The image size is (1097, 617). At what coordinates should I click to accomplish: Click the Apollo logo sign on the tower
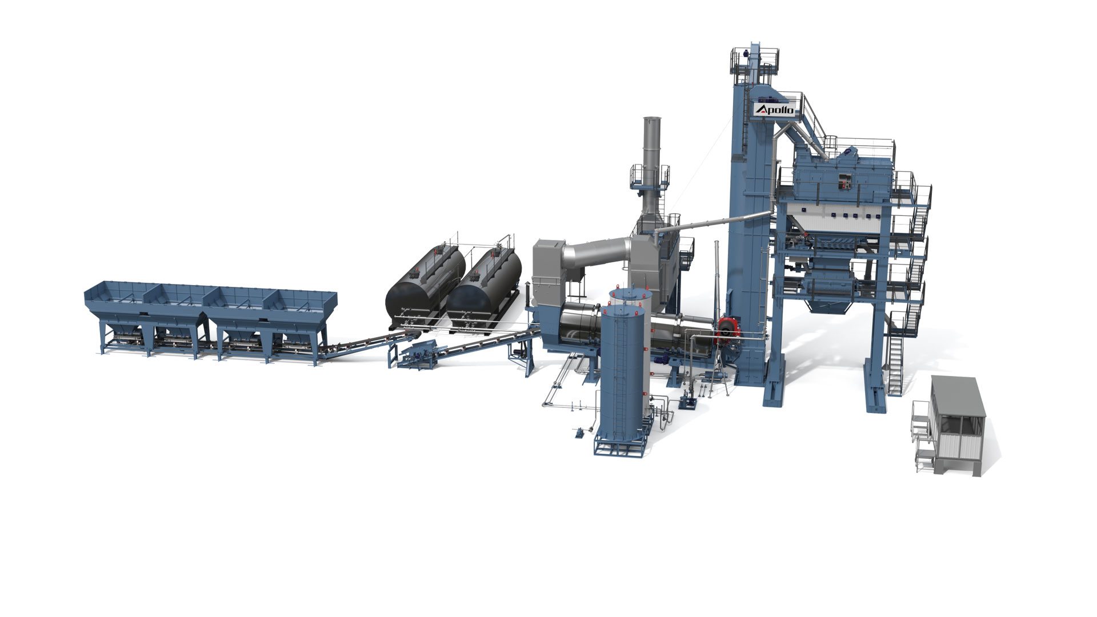[775, 109]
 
